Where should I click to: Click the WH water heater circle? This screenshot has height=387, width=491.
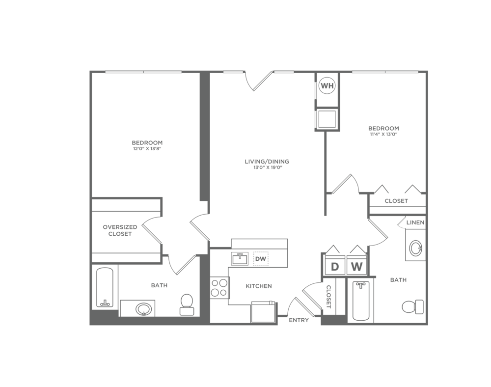327,86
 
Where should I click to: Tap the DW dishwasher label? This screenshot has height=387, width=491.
260,259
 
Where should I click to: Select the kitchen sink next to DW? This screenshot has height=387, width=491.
240,258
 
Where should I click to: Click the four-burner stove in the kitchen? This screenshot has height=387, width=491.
219,288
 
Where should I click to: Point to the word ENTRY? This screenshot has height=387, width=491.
299,321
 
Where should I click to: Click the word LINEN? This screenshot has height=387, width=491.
415,223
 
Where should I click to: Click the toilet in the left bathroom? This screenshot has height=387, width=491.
187,304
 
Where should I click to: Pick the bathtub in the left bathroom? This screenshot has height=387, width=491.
105,287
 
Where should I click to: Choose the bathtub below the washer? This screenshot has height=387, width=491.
360,300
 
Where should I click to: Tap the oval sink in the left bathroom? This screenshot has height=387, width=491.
144,309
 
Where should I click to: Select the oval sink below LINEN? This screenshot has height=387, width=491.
415,248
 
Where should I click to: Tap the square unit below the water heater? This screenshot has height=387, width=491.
327,119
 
